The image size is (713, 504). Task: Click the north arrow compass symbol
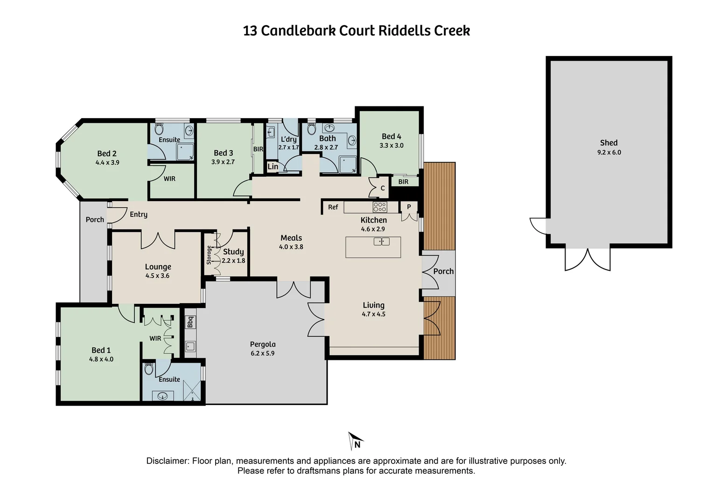(355, 441)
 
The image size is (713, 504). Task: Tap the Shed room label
(608, 143)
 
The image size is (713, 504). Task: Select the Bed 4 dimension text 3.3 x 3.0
(391, 146)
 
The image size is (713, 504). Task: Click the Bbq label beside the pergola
(190, 322)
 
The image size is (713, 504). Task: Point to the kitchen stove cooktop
(379, 207)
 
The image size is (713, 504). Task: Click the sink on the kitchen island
(381, 241)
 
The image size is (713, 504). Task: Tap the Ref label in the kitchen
(333, 207)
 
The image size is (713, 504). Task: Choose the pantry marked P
(409, 207)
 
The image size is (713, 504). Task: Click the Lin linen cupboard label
(273, 167)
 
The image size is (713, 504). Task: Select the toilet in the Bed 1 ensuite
(149, 369)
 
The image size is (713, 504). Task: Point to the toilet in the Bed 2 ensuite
(158, 129)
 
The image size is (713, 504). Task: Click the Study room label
(233, 252)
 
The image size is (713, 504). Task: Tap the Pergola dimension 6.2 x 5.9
(262, 353)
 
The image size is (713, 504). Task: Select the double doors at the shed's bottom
(587, 259)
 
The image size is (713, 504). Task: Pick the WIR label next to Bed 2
(169, 179)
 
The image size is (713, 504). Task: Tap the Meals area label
(291, 238)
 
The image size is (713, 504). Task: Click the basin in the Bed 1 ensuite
(162, 396)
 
